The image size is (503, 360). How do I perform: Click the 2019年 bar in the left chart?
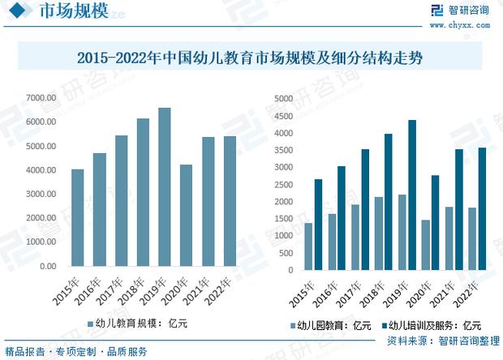pos(165,186)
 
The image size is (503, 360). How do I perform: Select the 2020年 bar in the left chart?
pos(187,215)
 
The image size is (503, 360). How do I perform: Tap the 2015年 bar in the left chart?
pos(78,217)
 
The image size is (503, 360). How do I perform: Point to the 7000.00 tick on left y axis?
pos(41,98)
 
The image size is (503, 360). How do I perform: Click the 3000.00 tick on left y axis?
pos(41,194)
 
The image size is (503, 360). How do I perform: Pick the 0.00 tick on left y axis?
pos(46,266)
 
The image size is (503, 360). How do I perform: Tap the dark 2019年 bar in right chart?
pos(412,195)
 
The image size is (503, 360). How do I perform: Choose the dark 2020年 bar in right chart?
pos(436,223)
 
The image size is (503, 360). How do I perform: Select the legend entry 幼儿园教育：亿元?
pos(329,326)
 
